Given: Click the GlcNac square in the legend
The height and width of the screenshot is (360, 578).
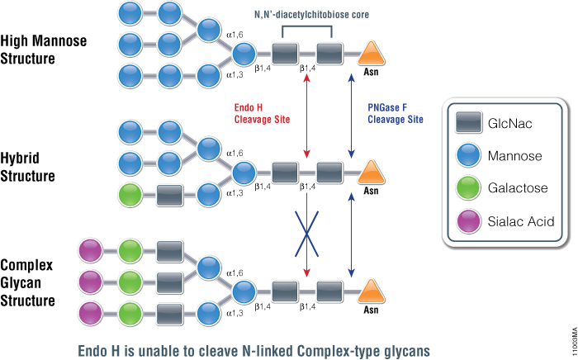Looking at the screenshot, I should coord(468,122).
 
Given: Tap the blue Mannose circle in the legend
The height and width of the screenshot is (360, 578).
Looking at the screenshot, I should coord(468,155).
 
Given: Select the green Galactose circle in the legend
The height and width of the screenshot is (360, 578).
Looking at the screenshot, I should coord(468,188).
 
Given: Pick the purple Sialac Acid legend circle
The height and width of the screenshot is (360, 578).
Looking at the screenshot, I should coord(468,221).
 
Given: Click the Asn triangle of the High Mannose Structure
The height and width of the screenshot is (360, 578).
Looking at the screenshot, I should coord(371,54).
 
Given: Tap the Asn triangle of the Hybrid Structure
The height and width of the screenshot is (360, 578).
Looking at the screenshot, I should coord(371,172).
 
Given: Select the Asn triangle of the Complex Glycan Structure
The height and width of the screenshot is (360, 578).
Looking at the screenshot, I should coord(371,290).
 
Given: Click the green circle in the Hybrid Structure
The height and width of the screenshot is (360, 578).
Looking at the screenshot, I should coord(132,197).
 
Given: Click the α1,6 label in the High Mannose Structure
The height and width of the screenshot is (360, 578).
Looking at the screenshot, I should coord(237,36).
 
